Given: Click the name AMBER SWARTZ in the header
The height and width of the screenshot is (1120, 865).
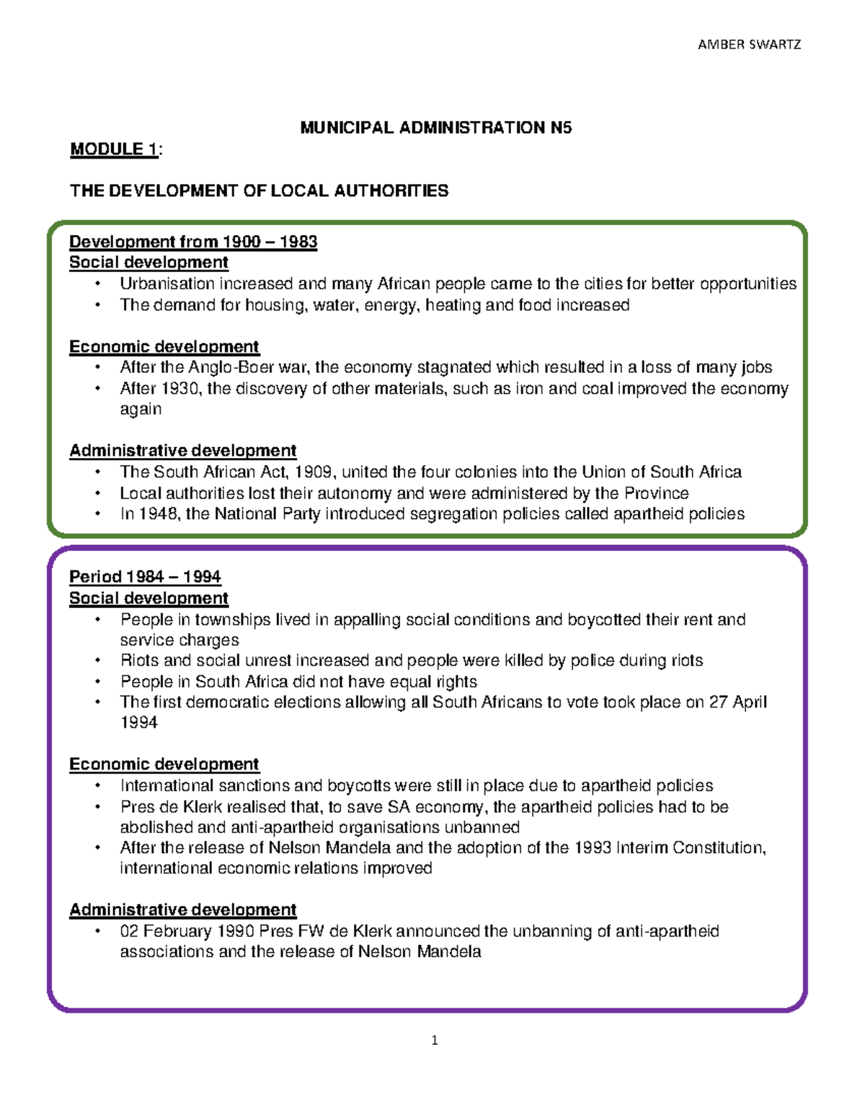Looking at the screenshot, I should [749, 44].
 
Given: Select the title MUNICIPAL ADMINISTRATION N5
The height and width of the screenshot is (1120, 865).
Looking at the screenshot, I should [435, 128].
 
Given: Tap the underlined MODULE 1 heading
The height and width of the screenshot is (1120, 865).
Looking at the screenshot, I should [114, 149].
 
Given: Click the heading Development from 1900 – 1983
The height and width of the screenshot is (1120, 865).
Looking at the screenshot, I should [193, 242].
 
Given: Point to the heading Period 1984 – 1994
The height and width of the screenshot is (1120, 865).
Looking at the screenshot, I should [145, 577].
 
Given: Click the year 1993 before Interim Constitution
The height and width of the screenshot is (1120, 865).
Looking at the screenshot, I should [593, 847].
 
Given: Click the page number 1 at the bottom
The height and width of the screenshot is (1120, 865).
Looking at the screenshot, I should [434, 1040].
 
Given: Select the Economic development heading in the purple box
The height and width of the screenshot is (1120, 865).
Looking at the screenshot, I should [164, 764].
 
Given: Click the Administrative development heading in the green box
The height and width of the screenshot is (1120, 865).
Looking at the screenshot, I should [182, 451].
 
